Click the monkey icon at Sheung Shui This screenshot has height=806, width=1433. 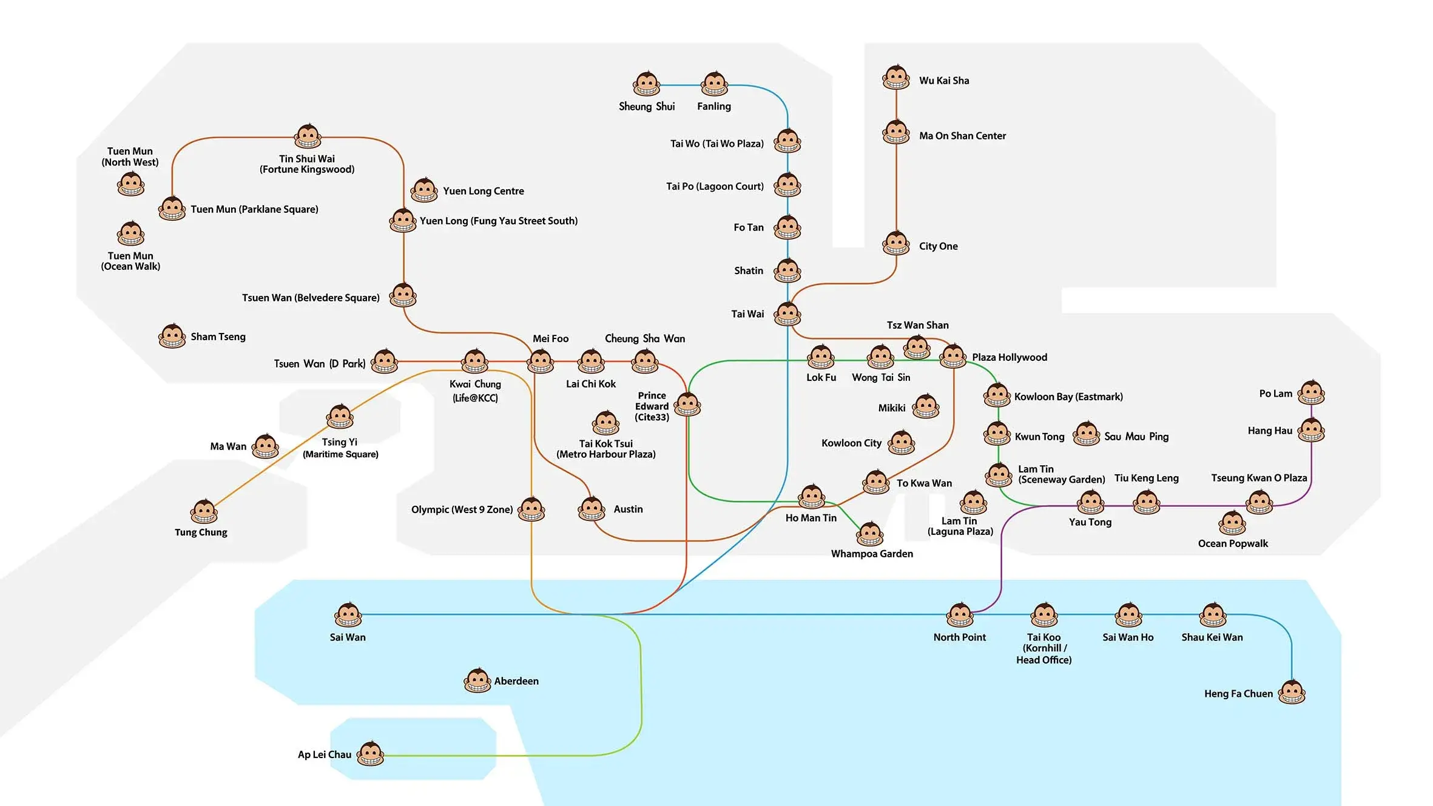[x=646, y=84]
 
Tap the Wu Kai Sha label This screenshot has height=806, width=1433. [x=943, y=81]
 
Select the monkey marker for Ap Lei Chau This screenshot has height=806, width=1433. [x=370, y=754]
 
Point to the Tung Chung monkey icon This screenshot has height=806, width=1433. [x=204, y=512]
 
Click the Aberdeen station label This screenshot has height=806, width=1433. [x=516, y=681]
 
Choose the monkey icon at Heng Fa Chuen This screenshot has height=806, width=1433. [x=1292, y=692]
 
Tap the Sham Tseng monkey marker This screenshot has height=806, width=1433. [x=172, y=336]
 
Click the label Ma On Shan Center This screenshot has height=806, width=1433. [x=962, y=136]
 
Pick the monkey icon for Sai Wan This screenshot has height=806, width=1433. [x=348, y=615]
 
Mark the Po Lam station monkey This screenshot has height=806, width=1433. [x=1311, y=393]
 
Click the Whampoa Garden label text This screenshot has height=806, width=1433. [x=871, y=554]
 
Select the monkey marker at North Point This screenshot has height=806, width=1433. [x=960, y=615]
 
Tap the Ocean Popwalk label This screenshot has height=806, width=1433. [x=1232, y=543]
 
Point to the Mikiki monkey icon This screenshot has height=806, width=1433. [x=926, y=406]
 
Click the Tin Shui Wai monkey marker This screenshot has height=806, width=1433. [x=308, y=136]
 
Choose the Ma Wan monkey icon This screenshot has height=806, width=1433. [x=265, y=446]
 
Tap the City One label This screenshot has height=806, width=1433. [x=938, y=246]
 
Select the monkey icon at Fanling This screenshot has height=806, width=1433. [x=714, y=84]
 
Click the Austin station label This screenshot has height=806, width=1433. [x=628, y=509]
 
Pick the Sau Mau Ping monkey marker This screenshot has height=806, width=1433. [x=1086, y=434]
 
